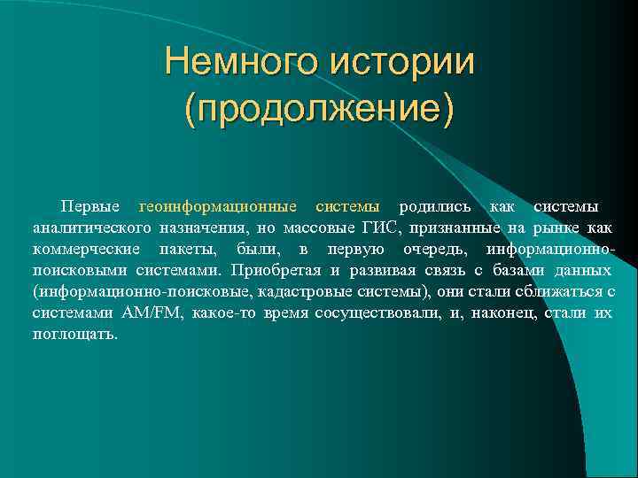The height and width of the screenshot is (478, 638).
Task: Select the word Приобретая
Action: (274, 270)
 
